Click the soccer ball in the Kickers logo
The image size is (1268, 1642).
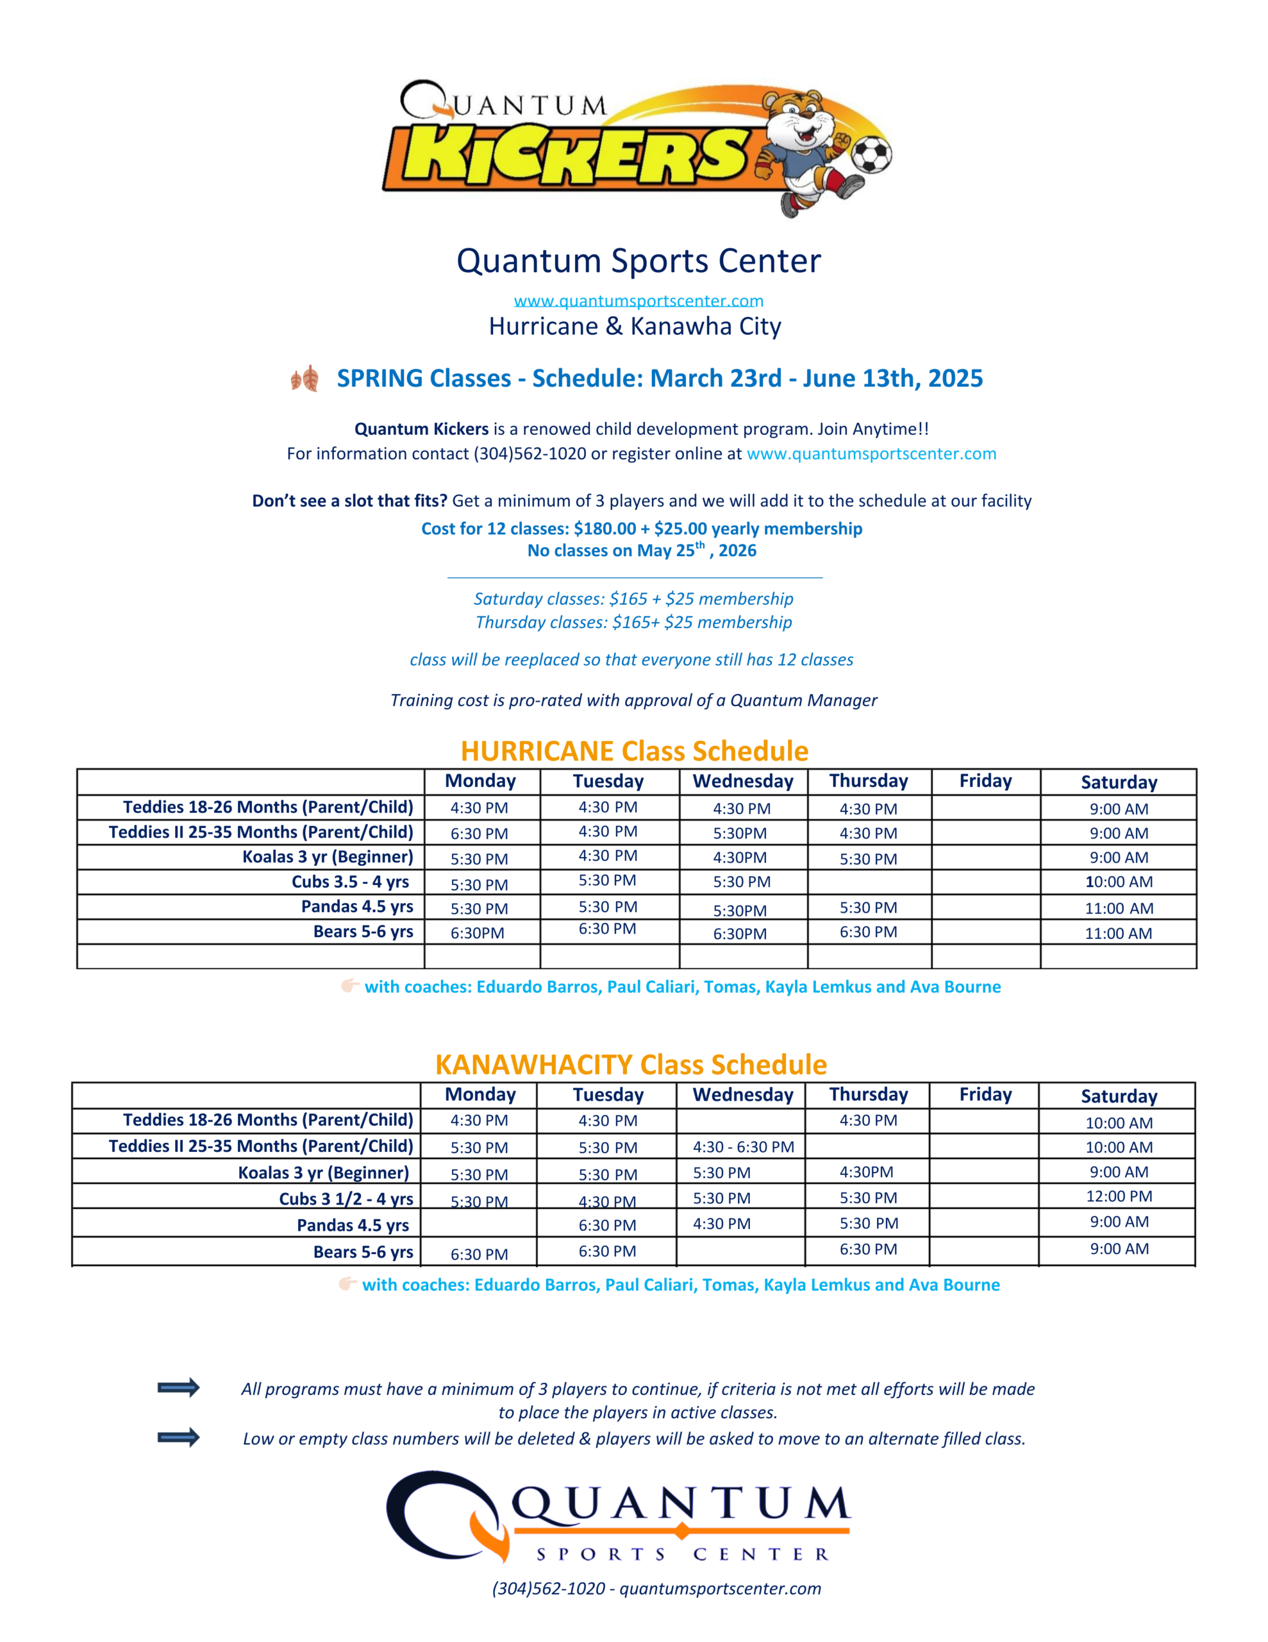[x=871, y=154]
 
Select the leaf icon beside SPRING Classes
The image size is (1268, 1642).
[x=305, y=378]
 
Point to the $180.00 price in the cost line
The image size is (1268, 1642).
[x=605, y=529]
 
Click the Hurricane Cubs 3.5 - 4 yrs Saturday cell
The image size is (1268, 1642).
[x=1119, y=882]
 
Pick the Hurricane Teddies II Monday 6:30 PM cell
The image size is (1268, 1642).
[x=479, y=834]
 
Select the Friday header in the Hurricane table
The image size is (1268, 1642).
[x=985, y=781]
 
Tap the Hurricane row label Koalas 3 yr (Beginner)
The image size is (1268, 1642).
[x=327, y=857]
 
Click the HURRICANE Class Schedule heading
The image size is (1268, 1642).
[x=635, y=751]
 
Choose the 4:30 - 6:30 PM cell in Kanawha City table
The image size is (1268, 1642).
[x=742, y=1147]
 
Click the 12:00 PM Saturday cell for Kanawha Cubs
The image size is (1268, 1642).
[x=1119, y=1196]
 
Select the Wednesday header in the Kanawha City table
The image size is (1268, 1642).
[x=742, y=1095]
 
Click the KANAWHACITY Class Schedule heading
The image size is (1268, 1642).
[x=631, y=1065]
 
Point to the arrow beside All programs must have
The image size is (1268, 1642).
[x=178, y=1387]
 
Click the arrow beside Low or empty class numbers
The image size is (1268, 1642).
[x=178, y=1437]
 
